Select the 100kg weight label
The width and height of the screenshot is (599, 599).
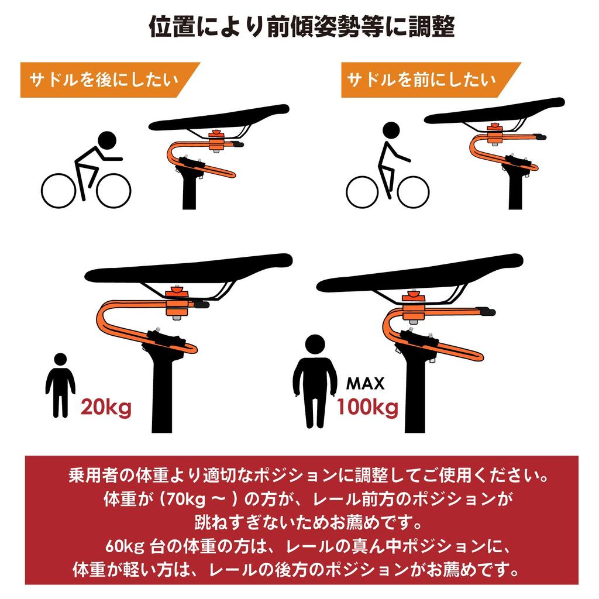(367, 405)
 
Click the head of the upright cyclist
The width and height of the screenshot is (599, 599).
(390, 130)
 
